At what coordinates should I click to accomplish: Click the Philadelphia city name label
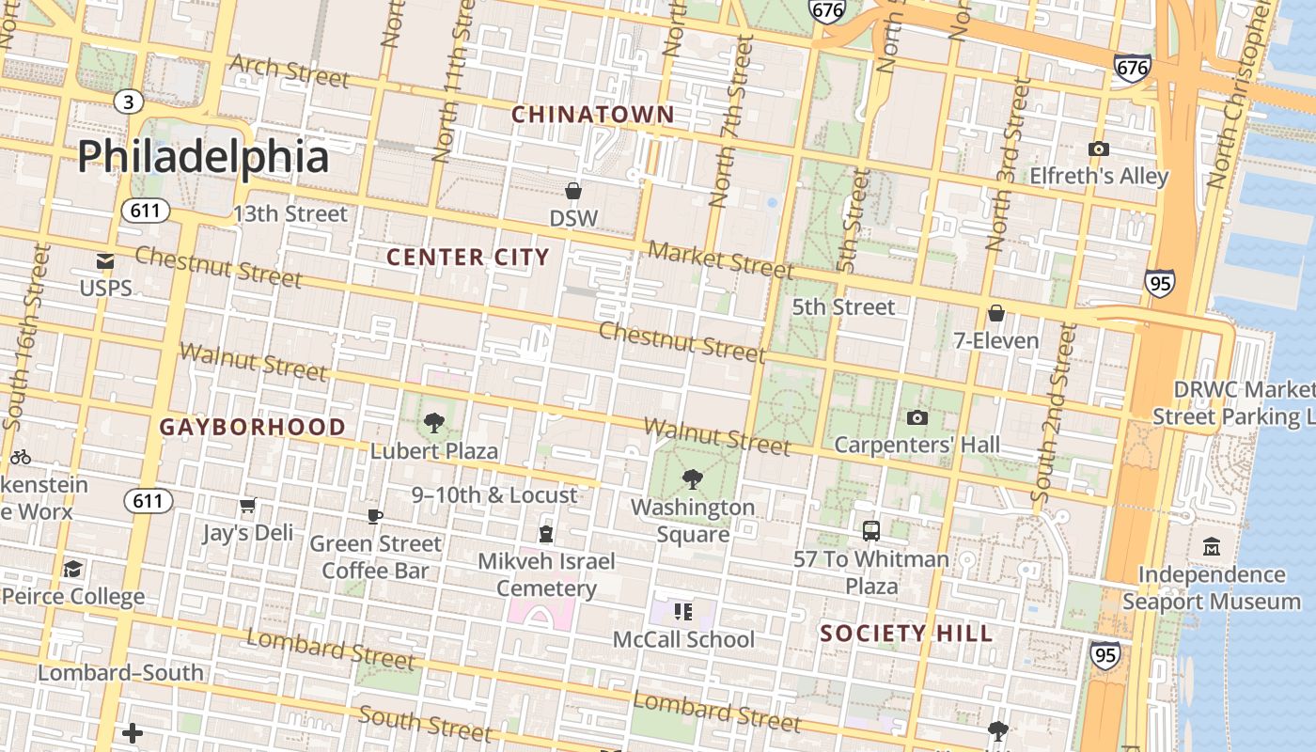pyautogui.click(x=203, y=156)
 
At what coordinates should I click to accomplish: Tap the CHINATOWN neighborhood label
pyautogui.click(x=592, y=115)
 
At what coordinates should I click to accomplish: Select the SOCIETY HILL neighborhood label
pyautogui.click(x=906, y=634)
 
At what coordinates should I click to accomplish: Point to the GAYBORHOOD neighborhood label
pyautogui.click(x=252, y=427)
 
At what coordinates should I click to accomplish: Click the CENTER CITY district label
pyautogui.click(x=467, y=257)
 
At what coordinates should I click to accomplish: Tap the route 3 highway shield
pyautogui.click(x=129, y=102)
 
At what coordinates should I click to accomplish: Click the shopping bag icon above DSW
pyautogui.click(x=573, y=192)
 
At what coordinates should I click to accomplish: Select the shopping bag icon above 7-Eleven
pyautogui.click(x=996, y=313)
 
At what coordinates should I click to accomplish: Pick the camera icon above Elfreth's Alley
pyautogui.click(x=1098, y=149)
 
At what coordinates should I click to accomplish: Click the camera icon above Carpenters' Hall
pyautogui.click(x=917, y=418)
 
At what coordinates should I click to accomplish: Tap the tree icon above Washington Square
pyautogui.click(x=693, y=479)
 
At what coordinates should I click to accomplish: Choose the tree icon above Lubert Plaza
pyautogui.click(x=433, y=423)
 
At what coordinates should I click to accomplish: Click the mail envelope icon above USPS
pyautogui.click(x=105, y=262)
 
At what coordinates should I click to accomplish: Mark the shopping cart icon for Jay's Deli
pyautogui.click(x=248, y=506)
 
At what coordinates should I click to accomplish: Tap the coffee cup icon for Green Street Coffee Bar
pyautogui.click(x=375, y=516)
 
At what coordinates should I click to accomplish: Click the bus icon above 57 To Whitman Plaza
pyautogui.click(x=871, y=531)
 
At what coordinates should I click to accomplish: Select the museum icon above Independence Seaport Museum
pyautogui.click(x=1211, y=546)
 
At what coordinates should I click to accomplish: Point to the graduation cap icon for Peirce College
pyautogui.click(x=72, y=569)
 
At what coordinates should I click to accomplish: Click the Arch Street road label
pyautogui.click(x=290, y=70)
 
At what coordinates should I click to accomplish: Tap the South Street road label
pyautogui.click(x=425, y=723)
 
